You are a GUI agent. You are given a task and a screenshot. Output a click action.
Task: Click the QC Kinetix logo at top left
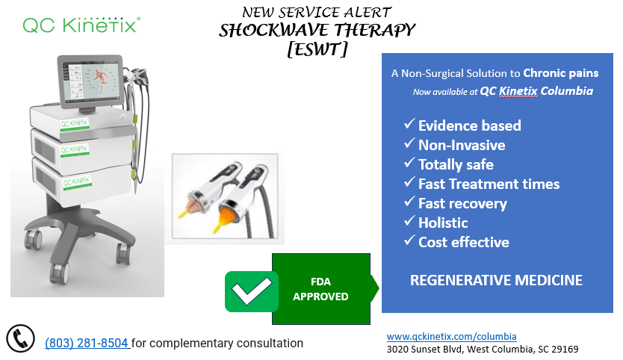(x=81, y=25)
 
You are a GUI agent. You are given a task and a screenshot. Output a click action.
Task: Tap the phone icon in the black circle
(x=21, y=338)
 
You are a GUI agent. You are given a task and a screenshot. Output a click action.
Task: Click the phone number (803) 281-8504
(x=87, y=343)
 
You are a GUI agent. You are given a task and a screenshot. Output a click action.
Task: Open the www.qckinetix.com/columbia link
(x=451, y=337)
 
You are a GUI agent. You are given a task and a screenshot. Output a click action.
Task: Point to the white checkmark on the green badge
(x=252, y=291)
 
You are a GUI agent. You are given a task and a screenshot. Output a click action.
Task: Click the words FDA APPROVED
(x=320, y=289)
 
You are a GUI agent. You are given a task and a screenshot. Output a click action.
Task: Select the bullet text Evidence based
(x=470, y=125)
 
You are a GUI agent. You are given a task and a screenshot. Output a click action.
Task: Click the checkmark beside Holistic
(x=409, y=220)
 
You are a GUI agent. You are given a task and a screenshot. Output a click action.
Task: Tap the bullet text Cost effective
(x=464, y=242)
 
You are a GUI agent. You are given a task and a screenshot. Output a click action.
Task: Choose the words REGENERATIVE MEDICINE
(x=496, y=280)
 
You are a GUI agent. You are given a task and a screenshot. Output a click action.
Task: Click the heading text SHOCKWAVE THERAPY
(x=317, y=31)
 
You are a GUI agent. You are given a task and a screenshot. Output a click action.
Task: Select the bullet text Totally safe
(x=456, y=164)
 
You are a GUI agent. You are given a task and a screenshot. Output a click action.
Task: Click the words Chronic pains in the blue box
(x=560, y=73)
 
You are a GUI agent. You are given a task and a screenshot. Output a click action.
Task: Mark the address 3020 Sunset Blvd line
(x=483, y=350)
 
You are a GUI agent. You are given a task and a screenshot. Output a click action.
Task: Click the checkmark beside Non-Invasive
(x=409, y=143)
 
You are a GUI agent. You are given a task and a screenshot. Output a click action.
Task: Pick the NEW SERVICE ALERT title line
(x=317, y=12)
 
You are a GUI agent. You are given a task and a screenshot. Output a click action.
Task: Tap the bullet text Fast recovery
(x=462, y=203)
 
